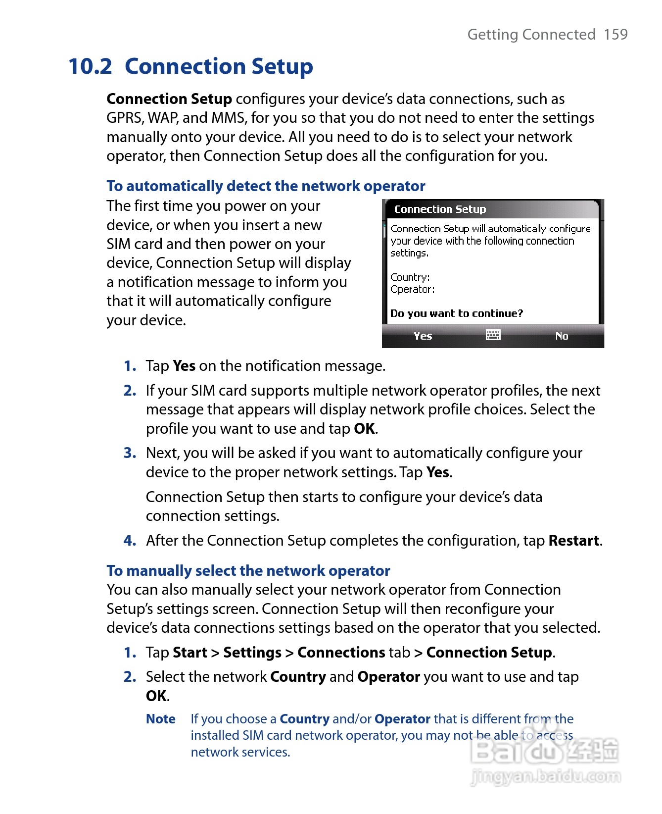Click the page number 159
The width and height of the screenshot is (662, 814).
coord(615,34)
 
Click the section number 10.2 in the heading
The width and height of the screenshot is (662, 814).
coord(91,66)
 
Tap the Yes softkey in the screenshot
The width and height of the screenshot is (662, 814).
coord(423,336)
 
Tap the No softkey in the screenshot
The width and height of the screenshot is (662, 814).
coord(562,336)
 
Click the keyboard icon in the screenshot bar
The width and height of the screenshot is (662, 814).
coord(493,335)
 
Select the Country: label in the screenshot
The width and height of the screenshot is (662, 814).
coord(410,277)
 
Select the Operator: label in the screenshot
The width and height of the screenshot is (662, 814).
coord(412,290)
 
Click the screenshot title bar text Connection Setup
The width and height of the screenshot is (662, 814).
coord(440,209)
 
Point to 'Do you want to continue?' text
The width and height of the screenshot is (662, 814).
coord(456,313)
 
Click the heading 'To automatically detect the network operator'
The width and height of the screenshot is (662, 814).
coord(266,186)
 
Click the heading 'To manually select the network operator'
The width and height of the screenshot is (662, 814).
coord(248,571)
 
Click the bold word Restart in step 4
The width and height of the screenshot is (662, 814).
coord(574,541)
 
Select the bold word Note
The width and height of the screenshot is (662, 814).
coord(161,719)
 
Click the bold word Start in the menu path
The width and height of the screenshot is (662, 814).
coord(190,653)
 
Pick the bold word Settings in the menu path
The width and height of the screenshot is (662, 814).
coord(252,653)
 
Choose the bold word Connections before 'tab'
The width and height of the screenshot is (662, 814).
coord(341,653)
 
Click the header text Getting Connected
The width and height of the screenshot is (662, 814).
coord(531,34)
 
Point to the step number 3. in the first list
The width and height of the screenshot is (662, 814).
coord(130,453)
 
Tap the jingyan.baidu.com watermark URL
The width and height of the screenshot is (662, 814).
coord(546,776)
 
